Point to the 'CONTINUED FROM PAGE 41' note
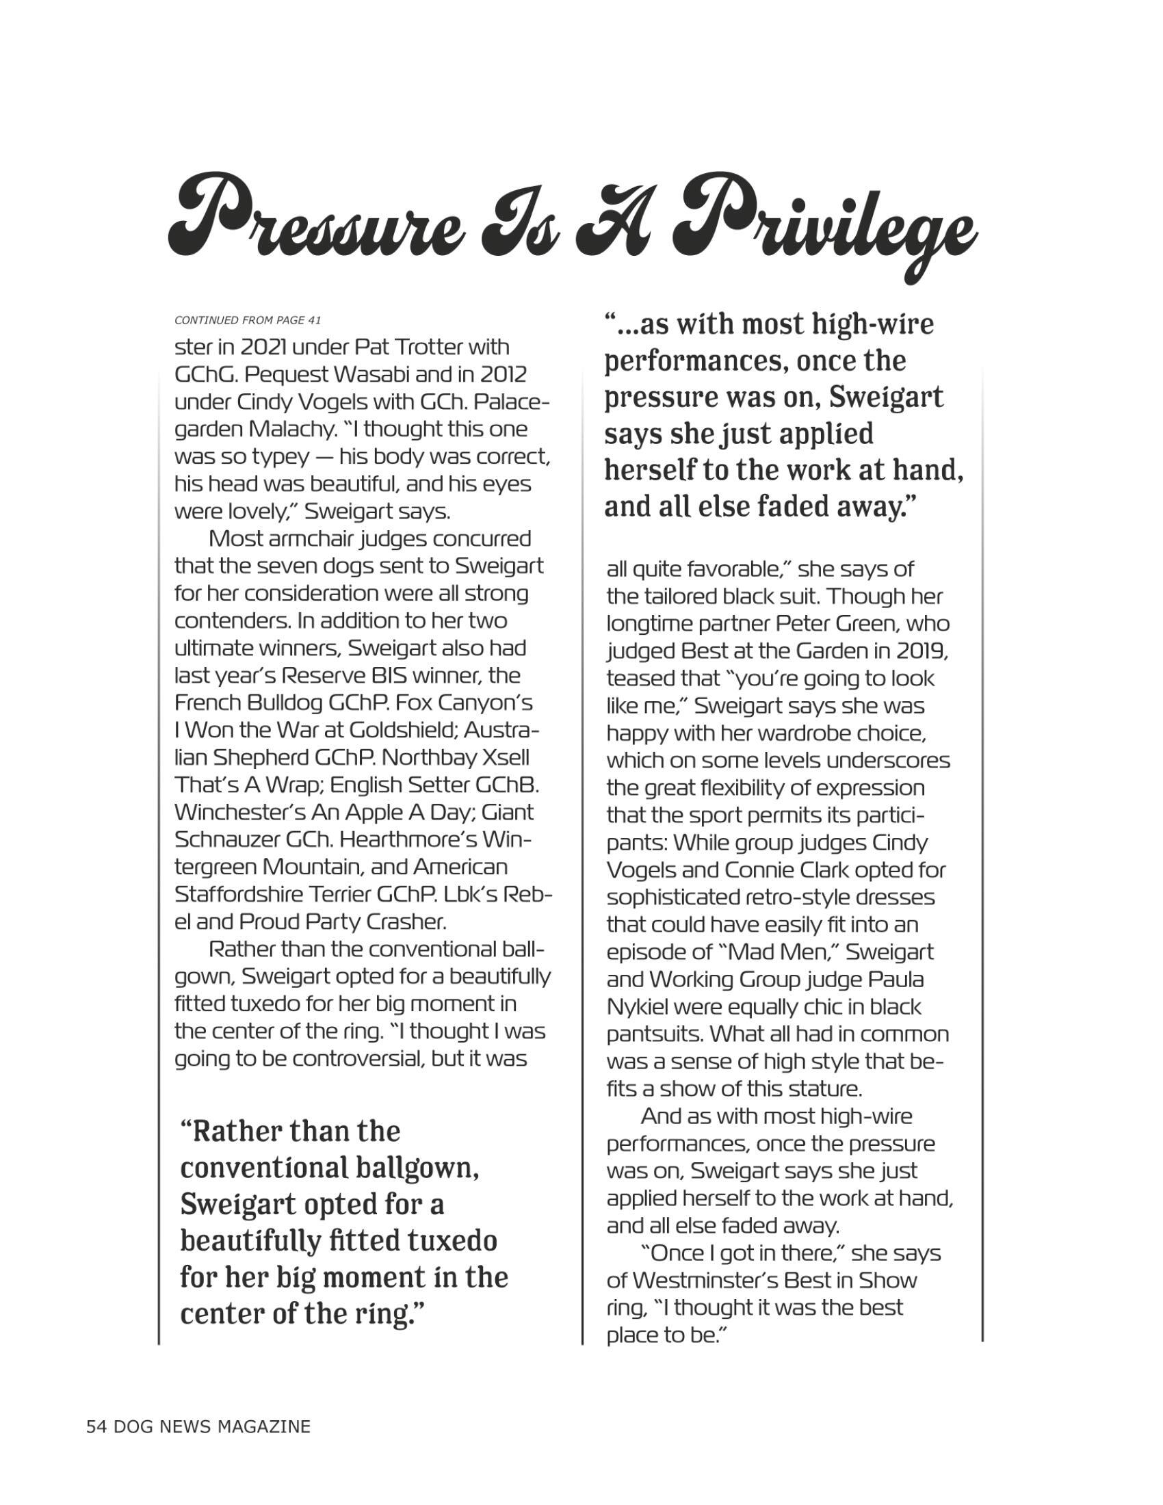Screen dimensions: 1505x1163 click(x=248, y=320)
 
